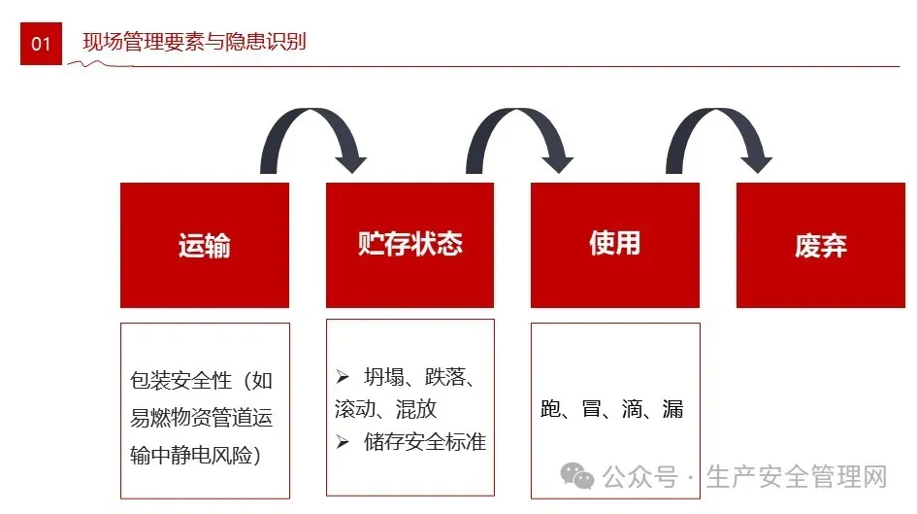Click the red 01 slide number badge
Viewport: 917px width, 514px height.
tap(41, 44)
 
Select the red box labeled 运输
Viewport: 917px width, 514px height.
tap(205, 245)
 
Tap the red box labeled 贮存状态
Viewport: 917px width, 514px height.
tap(409, 245)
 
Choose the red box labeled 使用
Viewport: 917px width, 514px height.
tap(615, 245)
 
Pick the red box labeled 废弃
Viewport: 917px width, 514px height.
tap(821, 245)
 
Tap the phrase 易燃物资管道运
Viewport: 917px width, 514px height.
tap(202, 418)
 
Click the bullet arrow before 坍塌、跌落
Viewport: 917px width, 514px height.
tap(343, 376)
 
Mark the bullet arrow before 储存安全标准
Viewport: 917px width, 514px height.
tap(343, 442)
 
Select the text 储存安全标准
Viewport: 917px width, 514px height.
tap(425, 442)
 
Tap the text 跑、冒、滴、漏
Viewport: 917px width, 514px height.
tap(612, 409)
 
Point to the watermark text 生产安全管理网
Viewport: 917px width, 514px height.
tap(797, 477)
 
